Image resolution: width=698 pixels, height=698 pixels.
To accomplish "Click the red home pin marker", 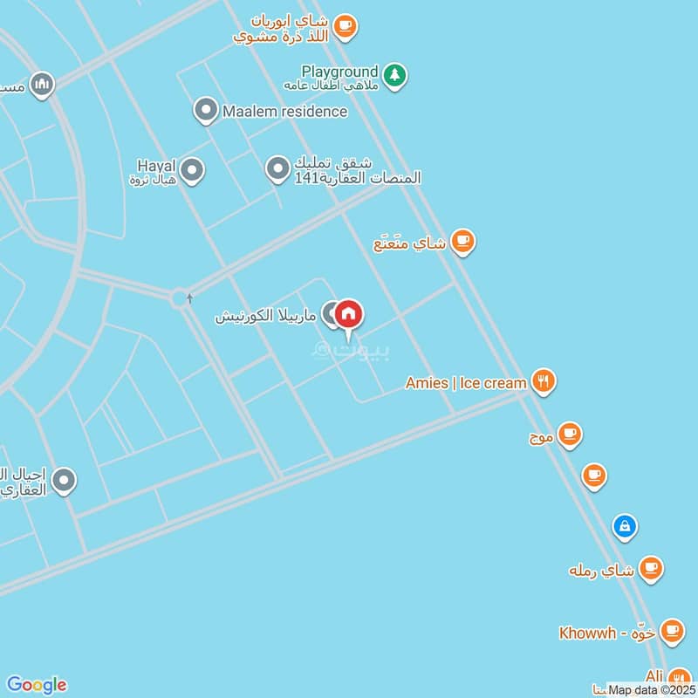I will (x=348, y=315).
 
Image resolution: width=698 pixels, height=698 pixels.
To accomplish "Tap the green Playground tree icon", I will (x=395, y=76).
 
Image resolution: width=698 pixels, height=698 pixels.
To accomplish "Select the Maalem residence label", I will (x=284, y=111).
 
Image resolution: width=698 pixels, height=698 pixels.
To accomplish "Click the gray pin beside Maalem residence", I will (x=205, y=110).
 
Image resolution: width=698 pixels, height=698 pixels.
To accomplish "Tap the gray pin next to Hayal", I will (x=192, y=170).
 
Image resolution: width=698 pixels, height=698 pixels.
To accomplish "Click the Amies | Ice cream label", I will (x=466, y=382).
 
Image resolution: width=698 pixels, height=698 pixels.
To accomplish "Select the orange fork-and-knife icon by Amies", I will (x=543, y=381).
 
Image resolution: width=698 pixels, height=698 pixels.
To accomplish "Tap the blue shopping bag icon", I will (x=624, y=526).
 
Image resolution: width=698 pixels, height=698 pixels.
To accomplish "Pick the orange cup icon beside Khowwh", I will (x=670, y=630).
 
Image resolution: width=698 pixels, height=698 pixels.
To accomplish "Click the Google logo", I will (x=36, y=685).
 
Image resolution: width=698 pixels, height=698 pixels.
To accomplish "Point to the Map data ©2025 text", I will (x=651, y=690).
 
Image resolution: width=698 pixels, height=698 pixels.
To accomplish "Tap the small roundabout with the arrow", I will (x=181, y=298).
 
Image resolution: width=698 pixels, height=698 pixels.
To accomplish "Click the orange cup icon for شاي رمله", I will (x=649, y=569).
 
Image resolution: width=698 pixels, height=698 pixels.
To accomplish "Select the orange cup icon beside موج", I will (x=569, y=434).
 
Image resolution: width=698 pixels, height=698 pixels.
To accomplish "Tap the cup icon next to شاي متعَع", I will (x=462, y=242).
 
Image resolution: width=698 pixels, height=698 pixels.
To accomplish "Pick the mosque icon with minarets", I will (x=41, y=85).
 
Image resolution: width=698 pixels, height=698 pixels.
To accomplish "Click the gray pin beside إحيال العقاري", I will (x=63, y=480).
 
